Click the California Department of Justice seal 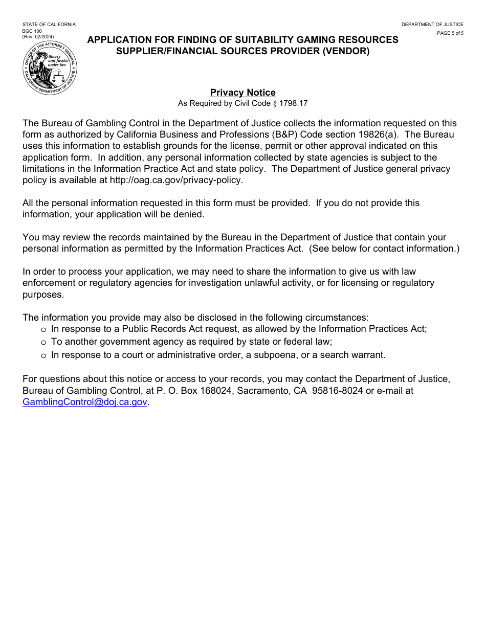coord(50,69)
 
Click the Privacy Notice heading coord(242,93)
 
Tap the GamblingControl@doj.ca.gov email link coord(85,402)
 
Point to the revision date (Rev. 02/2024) coord(38,36)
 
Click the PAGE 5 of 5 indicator coord(450,33)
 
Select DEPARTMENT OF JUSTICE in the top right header coord(432,25)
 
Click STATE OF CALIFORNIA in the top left coord(49,25)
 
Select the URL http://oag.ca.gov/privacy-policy coord(176,180)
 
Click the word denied coord(189,214)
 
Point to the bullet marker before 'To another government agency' coord(43,342)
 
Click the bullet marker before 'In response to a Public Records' coord(43,329)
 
